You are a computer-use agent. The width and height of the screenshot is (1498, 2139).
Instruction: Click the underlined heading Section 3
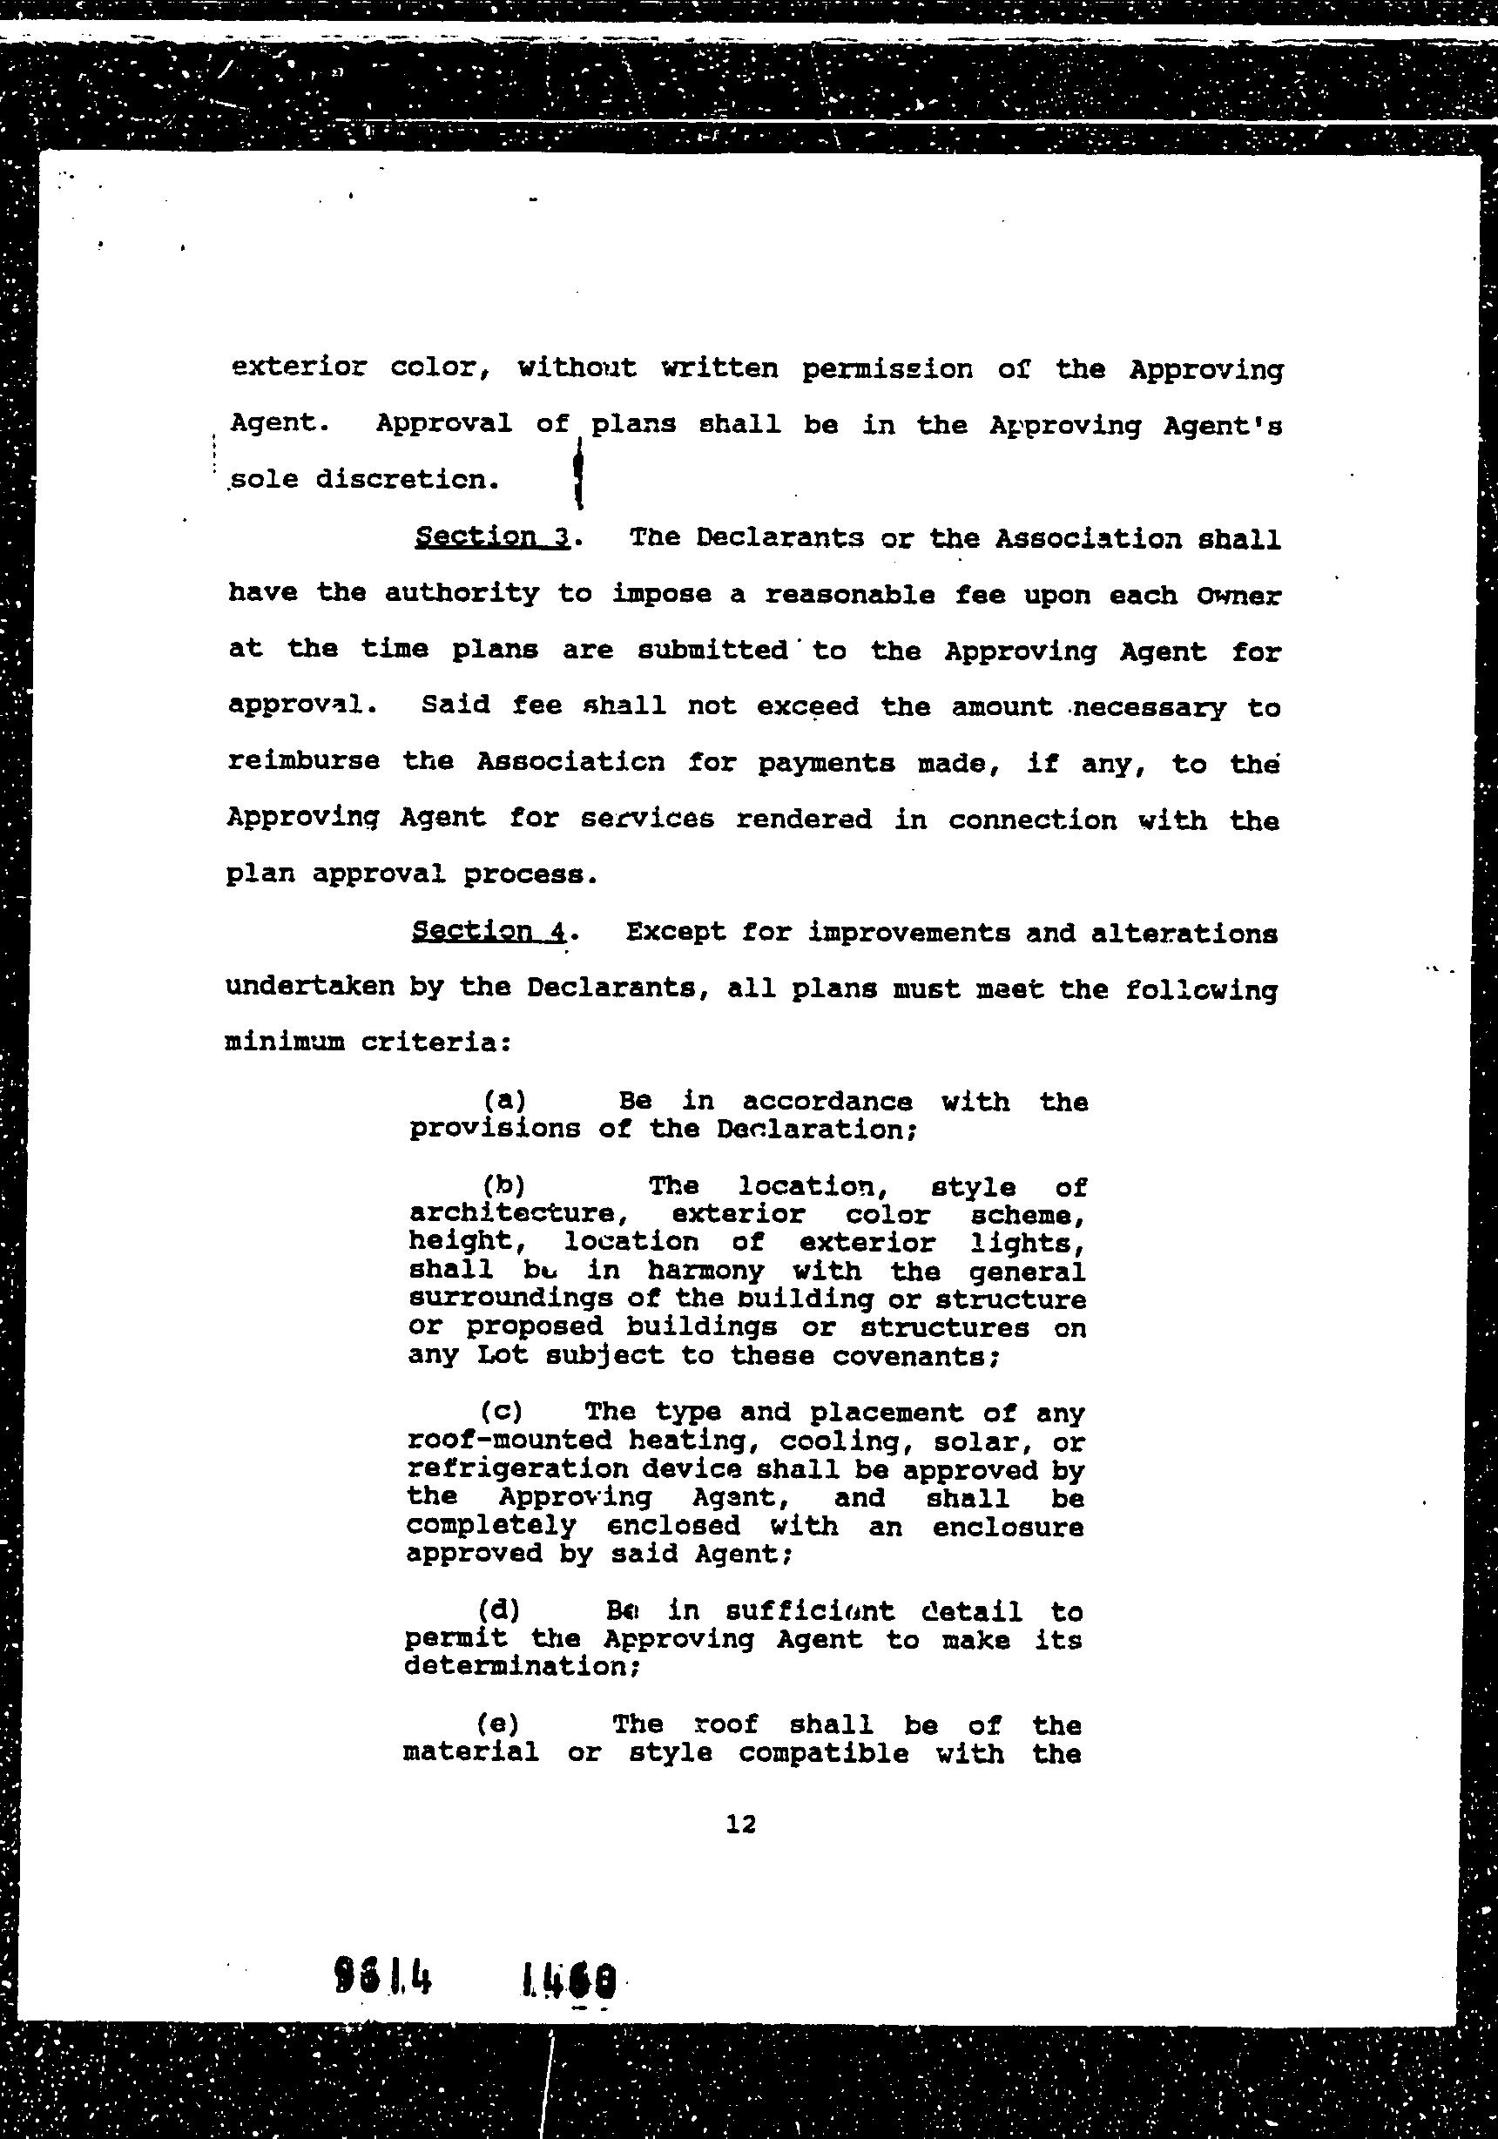492,537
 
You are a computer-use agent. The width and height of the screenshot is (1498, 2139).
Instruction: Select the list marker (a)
505,1100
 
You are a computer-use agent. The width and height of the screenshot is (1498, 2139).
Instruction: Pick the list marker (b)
504,1185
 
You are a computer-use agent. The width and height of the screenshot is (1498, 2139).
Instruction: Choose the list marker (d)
498,1609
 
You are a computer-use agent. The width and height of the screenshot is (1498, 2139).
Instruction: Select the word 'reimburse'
304,761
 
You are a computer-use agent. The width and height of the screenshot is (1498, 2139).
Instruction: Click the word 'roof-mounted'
509,1441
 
